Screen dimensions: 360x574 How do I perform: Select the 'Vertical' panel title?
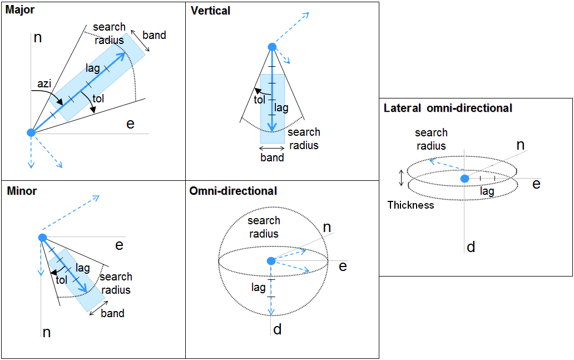[x=210, y=11]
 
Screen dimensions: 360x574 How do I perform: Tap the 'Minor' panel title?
[x=22, y=191]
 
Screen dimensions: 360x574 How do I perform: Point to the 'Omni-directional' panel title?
[x=233, y=191]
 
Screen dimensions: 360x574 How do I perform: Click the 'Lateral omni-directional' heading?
[x=448, y=108]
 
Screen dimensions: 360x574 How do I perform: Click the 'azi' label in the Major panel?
[x=44, y=83]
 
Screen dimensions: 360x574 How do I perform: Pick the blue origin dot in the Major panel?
[x=31, y=132]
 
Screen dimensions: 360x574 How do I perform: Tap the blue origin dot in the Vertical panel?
[x=271, y=47]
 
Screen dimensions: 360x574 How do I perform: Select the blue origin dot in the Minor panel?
[x=42, y=238]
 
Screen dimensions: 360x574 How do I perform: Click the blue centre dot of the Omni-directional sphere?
[x=271, y=261]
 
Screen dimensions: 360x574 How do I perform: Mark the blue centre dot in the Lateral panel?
[x=464, y=178]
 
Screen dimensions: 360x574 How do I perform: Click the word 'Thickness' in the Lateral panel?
[x=410, y=205]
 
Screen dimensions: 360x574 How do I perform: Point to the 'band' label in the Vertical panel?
[x=272, y=157]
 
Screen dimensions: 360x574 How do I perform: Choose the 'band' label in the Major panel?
[x=154, y=35]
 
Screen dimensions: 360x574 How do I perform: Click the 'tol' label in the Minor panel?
[x=61, y=280]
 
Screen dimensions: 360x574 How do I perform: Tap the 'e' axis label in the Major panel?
[x=130, y=124]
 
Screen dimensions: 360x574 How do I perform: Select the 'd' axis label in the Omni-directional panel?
[x=277, y=329]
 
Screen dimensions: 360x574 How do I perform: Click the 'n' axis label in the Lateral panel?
[x=520, y=145]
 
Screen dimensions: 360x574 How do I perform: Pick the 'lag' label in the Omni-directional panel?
[x=259, y=287]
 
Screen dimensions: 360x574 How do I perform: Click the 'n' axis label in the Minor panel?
[x=47, y=332]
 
